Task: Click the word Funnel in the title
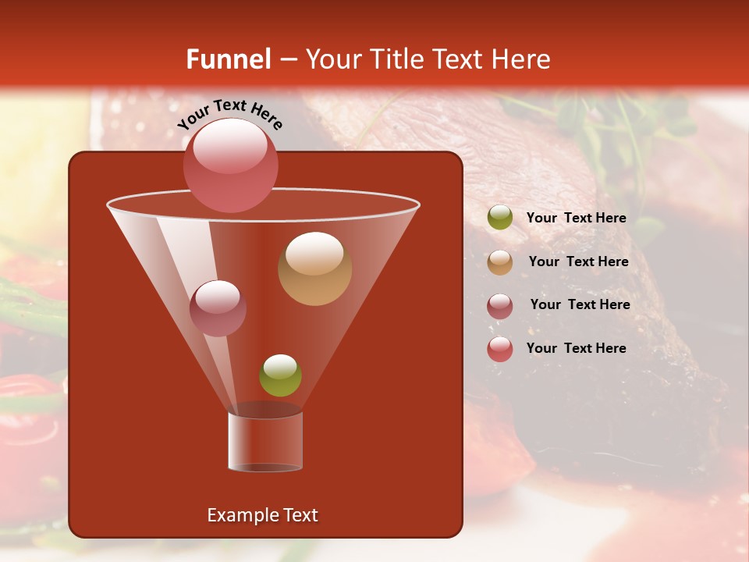pos(228,59)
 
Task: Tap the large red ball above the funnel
pos(230,165)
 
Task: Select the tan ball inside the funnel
pos(314,268)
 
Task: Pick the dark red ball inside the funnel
pos(218,308)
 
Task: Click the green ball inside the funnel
pos(280,375)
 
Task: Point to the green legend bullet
pos(500,218)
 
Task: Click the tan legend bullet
pos(500,262)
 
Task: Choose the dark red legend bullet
pos(500,306)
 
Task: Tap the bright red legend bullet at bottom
pos(500,349)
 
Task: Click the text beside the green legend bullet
pos(576,218)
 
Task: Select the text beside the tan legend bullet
pos(578,261)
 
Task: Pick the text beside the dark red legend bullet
pos(580,304)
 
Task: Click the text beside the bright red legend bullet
pos(576,348)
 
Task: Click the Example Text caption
pos(262,515)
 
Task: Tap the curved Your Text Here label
pos(229,114)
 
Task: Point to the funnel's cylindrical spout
pos(265,441)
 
